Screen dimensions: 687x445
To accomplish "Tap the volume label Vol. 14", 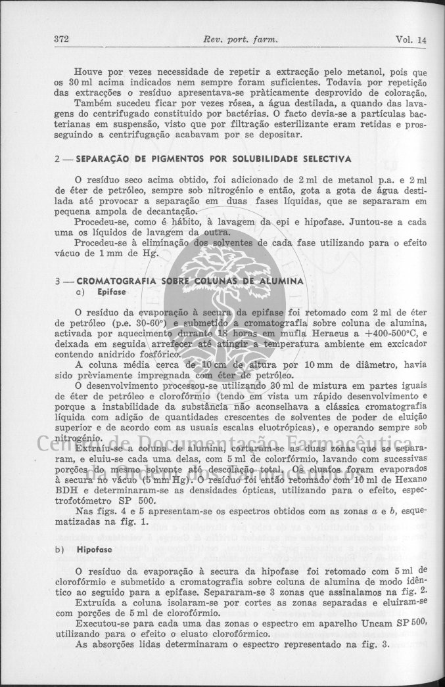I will click(x=411, y=39).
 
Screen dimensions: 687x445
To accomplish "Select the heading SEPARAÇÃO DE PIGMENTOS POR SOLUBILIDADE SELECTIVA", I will click(x=214, y=159).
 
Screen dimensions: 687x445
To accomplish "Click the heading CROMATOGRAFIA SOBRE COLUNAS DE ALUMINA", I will click(x=190, y=281).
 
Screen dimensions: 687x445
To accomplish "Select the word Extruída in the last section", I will click(x=98, y=602).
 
